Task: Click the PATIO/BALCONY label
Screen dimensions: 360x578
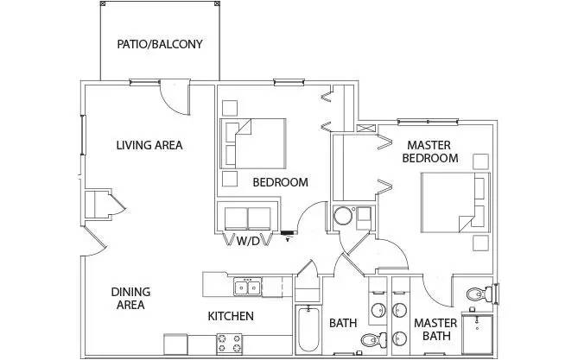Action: (x=160, y=44)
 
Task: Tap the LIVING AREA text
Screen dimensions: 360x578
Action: (x=149, y=145)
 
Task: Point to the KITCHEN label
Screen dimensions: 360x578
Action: (x=231, y=317)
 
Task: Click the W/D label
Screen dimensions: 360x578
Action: (x=249, y=242)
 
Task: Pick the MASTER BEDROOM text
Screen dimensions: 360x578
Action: (x=432, y=152)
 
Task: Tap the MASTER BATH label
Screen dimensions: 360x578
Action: (x=434, y=330)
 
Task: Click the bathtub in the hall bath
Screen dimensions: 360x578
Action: (x=307, y=330)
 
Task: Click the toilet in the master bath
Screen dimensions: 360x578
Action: (x=474, y=295)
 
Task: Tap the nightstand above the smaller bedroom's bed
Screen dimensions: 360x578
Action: (x=230, y=108)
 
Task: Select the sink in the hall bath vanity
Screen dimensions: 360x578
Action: (x=378, y=309)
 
